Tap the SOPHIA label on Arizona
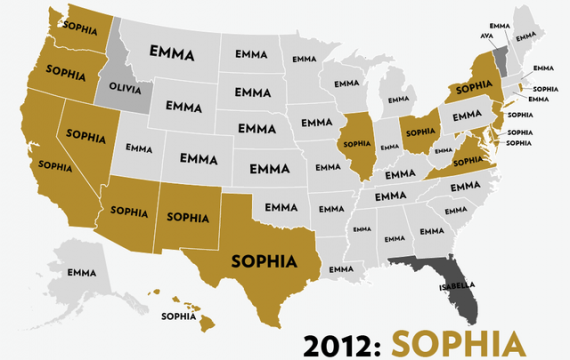pyautogui.click(x=131, y=212)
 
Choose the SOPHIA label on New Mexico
pyautogui.click(x=187, y=215)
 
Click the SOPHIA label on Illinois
pyautogui.click(x=356, y=143)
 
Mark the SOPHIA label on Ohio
pyautogui.click(x=418, y=131)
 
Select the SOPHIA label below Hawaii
pyautogui.click(x=178, y=316)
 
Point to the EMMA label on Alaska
pyautogui.click(x=80, y=272)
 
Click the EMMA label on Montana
pyautogui.click(x=172, y=50)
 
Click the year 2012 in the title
pyautogui.click(x=338, y=340)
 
